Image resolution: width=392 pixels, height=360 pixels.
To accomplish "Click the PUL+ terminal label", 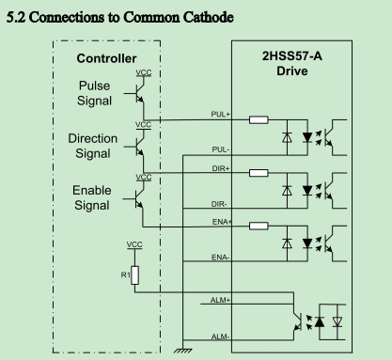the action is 220,115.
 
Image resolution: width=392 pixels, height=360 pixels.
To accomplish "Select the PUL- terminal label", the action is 221,149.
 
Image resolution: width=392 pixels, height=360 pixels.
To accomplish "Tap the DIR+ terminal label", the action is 221,168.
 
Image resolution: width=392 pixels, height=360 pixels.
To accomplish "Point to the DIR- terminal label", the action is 219,204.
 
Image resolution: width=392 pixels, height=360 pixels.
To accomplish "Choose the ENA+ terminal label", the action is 222,222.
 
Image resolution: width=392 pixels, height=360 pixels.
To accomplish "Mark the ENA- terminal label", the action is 221,258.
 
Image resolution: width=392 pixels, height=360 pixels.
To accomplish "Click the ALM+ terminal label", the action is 220,300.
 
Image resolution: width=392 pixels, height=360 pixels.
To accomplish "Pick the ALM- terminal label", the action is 220,337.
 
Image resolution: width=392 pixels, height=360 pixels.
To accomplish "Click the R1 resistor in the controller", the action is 135,275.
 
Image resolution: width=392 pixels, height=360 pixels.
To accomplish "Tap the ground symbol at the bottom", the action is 183,351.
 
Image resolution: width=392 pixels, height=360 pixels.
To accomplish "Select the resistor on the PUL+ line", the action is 259,119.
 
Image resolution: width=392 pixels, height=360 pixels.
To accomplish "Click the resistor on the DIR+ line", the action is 259,173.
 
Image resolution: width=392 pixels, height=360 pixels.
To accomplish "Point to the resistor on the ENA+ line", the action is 259,226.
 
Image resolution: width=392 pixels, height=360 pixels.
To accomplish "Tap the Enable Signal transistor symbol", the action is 136,198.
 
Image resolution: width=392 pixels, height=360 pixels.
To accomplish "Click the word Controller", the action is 106,58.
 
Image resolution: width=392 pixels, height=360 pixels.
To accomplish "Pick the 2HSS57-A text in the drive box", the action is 292,56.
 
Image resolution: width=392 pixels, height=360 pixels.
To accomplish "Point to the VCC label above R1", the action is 134,244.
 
